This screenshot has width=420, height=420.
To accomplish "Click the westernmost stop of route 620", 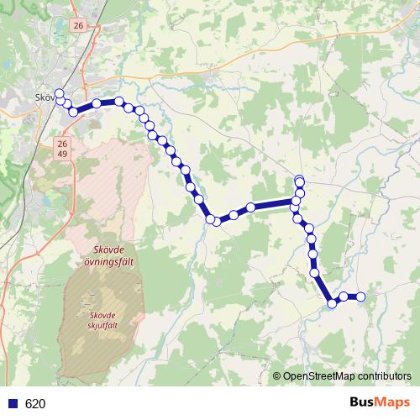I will tap(59, 94).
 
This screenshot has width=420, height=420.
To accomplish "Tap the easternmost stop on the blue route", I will tap(361, 297).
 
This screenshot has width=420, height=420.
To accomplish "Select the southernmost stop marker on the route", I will tap(332, 304).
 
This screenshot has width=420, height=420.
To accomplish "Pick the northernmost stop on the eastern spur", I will tap(299, 180).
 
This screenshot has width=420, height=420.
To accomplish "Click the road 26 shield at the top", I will tap(79, 27).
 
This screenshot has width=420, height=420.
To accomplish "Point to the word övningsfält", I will tap(109, 261).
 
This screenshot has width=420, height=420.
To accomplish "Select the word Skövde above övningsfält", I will tap(109, 250).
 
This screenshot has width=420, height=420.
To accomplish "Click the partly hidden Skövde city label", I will tap(44, 98).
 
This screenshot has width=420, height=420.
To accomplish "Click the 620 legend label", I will tap(35, 404).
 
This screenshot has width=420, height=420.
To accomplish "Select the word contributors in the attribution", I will tap(384, 377).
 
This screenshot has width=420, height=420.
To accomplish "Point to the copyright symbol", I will tap(277, 377).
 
